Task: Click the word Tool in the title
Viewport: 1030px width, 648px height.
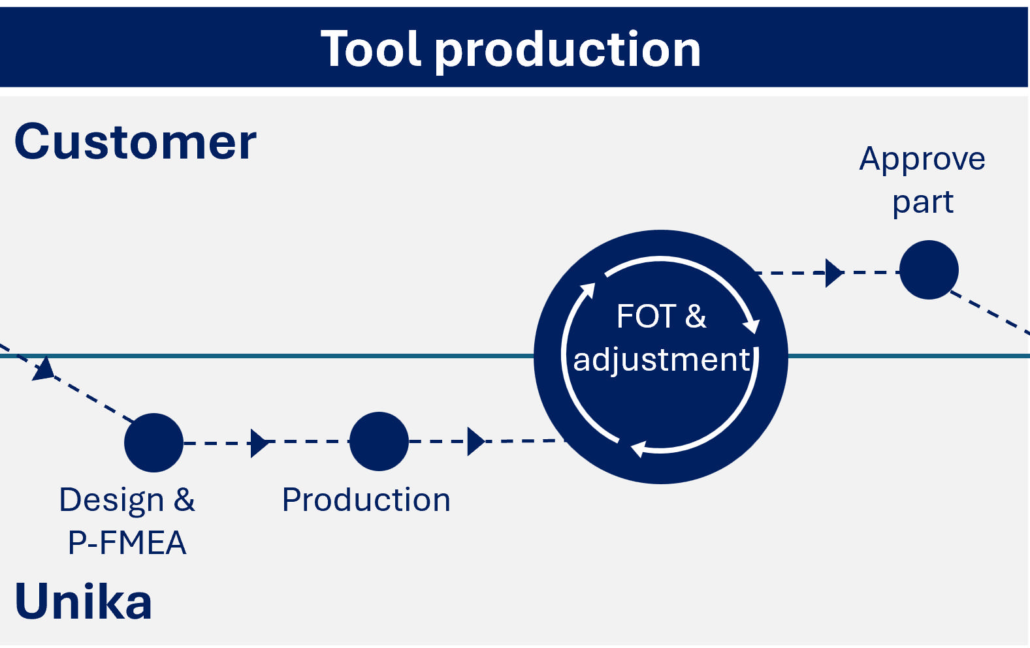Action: pyautogui.click(x=371, y=50)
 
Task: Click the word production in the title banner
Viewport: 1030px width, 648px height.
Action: pyautogui.click(x=568, y=51)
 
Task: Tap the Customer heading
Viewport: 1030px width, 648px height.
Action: pyautogui.click(x=135, y=142)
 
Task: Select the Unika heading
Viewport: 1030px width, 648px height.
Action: pyautogui.click(x=84, y=602)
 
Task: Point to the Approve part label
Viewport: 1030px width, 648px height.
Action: pyautogui.click(x=922, y=179)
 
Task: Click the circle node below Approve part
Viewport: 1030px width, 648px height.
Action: pyautogui.click(x=929, y=270)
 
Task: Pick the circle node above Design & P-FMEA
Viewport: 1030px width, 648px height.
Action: pyautogui.click(x=153, y=442)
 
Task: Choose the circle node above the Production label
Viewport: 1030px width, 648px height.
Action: pyautogui.click(x=379, y=441)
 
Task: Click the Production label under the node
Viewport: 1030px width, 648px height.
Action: pyautogui.click(x=366, y=500)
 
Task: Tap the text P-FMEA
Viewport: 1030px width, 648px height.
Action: pyautogui.click(x=127, y=543)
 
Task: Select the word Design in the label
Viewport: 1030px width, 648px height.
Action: pyautogui.click(x=112, y=500)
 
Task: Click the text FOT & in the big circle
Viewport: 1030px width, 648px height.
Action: pyautogui.click(x=661, y=316)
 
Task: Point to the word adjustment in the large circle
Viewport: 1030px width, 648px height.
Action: pyautogui.click(x=661, y=360)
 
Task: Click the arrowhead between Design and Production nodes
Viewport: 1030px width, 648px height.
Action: pyautogui.click(x=260, y=443)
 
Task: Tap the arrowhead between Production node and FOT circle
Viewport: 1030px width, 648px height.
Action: pyautogui.click(x=476, y=442)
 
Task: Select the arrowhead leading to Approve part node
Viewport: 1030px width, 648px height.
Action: pyautogui.click(x=833, y=273)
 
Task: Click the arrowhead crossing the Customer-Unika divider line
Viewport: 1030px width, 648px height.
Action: pyautogui.click(x=44, y=369)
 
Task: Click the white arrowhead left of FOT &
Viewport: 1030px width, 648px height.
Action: pyautogui.click(x=588, y=290)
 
